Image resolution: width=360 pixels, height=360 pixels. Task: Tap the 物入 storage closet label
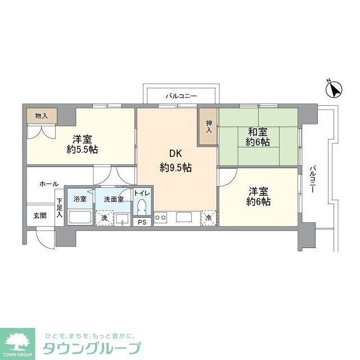click(x=41, y=116)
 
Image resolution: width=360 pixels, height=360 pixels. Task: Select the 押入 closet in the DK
click(x=209, y=127)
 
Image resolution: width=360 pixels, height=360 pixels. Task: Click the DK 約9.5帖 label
click(x=175, y=160)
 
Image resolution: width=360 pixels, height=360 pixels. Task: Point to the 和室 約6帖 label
click(x=258, y=137)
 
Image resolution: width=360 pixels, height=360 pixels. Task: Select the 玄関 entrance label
click(x=39, y=215)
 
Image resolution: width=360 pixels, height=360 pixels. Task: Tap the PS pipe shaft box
click(x=142, y=222)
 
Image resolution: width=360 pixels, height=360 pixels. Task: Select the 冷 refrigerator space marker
click(x=209, y=218)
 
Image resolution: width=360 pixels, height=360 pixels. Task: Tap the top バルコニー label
click(x=181, y=96)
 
